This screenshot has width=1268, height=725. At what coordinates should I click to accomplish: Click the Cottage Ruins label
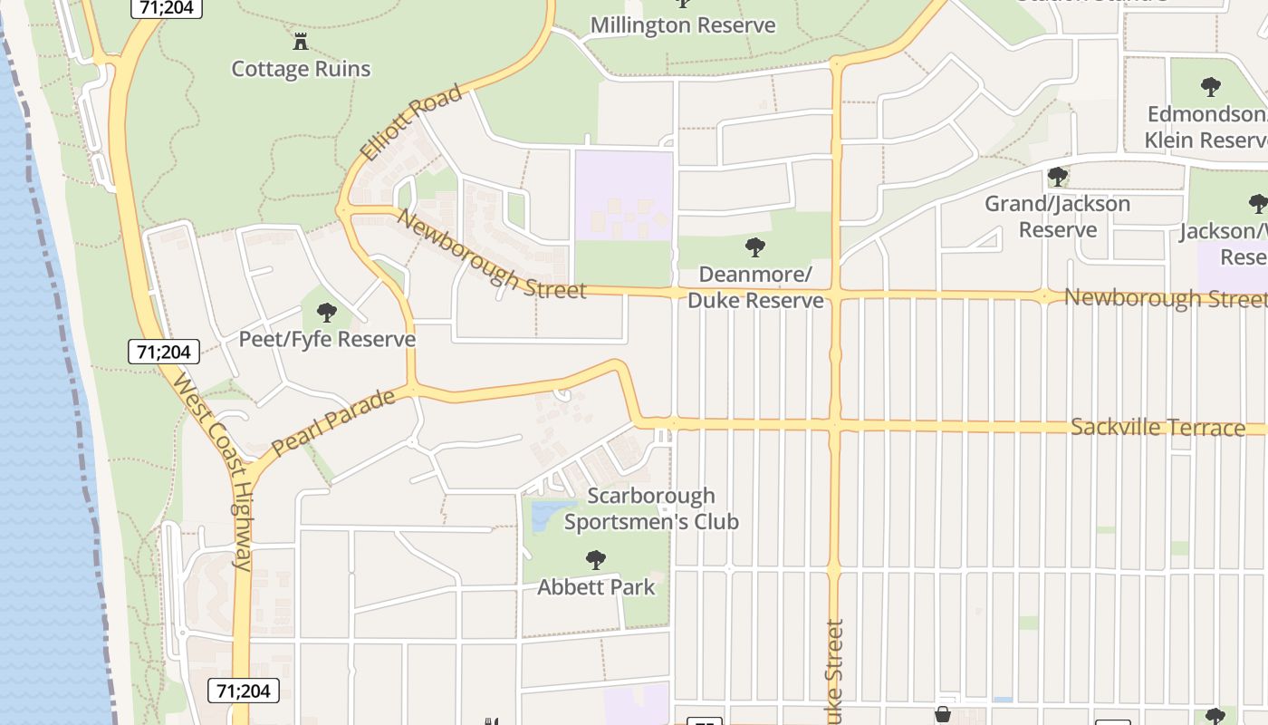coord(301,69)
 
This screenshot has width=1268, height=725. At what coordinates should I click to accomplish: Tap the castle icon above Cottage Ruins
coord(301,41)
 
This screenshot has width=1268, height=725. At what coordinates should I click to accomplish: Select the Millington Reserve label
coord(683,25)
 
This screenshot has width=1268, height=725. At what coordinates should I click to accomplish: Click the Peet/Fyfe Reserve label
coord(327,340)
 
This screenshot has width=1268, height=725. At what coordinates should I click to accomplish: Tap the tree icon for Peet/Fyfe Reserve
coord(327,314)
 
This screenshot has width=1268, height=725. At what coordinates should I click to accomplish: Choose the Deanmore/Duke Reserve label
coord(755,286)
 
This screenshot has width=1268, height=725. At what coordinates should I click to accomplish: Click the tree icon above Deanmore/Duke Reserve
coord(754,246)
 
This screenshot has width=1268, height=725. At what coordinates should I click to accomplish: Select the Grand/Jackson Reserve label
coord(1058,217)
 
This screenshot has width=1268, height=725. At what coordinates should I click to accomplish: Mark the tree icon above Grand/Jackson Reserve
coord(1057,177)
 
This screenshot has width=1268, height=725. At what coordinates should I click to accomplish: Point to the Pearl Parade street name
coord(333,422)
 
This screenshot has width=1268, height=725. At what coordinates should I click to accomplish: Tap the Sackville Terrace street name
coord(1158,428)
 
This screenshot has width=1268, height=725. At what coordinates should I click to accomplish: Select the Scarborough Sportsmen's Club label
coord(651,508)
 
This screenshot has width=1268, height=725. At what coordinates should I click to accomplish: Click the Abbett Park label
coord(596,587)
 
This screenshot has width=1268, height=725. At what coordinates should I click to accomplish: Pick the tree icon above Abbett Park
coord(595,559)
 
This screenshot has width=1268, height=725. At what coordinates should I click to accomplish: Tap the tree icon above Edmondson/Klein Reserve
coord(1211,87)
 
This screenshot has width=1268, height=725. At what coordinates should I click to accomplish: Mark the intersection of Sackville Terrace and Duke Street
coord(834,425)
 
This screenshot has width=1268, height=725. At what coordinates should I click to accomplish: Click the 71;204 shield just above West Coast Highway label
coord(163,352)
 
